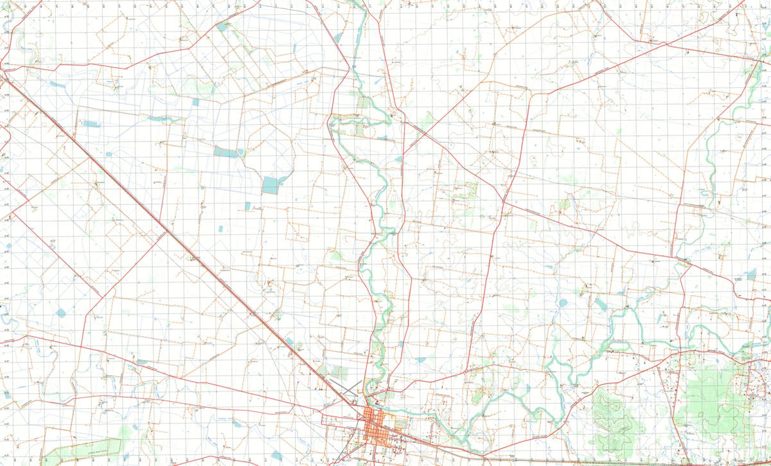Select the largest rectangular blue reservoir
pyautogui.click(x=271, y=185)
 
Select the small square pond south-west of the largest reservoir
pyautogui.click(x=248, y=206)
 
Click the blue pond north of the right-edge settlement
pyautogui.click(x=750, y=275)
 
